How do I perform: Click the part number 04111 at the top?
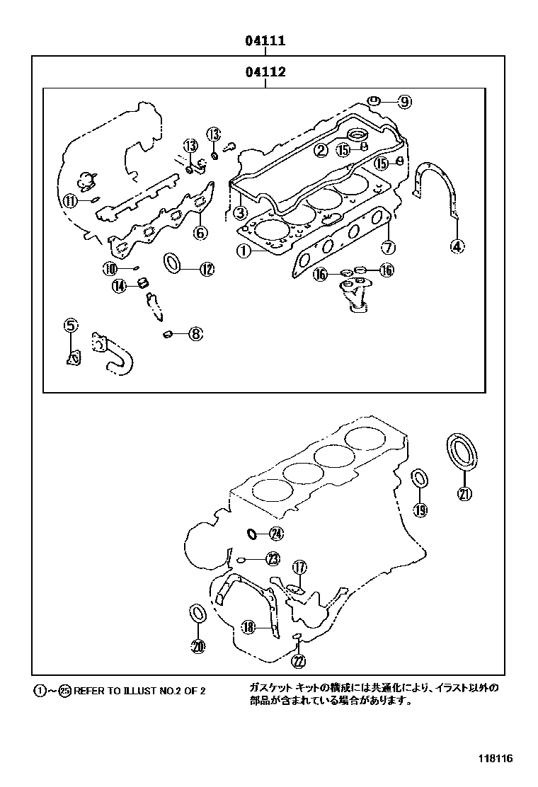pyautogui.click(x=265, y=41)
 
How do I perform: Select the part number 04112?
pyautogui.click(x=265, y=71)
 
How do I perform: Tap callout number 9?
pyautogui.click(x=403, y=101)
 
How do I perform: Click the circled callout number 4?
pyautogui.click(x=457, y=246)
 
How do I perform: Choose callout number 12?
pyautogui.click(x=206, y=268)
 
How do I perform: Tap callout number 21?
pyautogui.click(x=464, y=495)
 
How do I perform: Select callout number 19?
pyautogui.click(x=420, y=510)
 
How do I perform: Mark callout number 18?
pyautogui.click(x=247, y=626)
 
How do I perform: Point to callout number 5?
pyautogui.click(x=70, y=326)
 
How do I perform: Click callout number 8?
pyautogui.click(x=195, y=333)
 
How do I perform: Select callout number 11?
pyautogui.click(x=69, y=200)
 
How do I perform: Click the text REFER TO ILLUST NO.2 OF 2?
pyautogui.click(x=139, y=691)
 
